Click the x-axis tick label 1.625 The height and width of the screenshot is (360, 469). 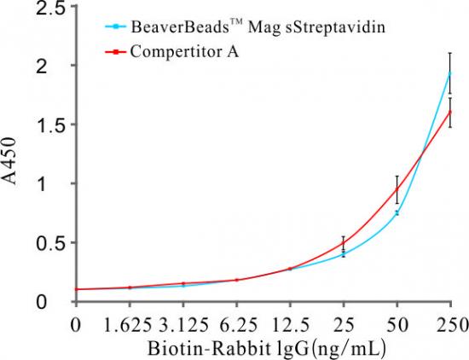[x=130, y=326]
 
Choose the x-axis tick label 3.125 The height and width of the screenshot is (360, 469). [x=183, y=326]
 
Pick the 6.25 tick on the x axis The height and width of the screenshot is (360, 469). [x=236, y=326]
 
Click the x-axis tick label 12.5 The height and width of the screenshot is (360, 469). [x=290, y=326]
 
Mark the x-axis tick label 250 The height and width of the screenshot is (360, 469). [x=449, y=326]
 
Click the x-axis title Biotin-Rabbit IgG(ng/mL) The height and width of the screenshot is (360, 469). [x=256, y=348]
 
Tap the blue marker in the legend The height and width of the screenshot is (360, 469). [x=115, y=26]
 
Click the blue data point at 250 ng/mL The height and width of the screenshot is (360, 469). [x=450, y=73]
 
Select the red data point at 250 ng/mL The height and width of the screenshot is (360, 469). [x=450, y=111]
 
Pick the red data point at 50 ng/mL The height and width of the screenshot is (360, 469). [x=397, y=189]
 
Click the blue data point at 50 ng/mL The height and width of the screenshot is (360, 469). [x=397, y=213]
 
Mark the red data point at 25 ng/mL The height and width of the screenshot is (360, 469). [x=344, y=243]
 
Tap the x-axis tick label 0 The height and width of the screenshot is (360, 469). [x=77, y=326]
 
